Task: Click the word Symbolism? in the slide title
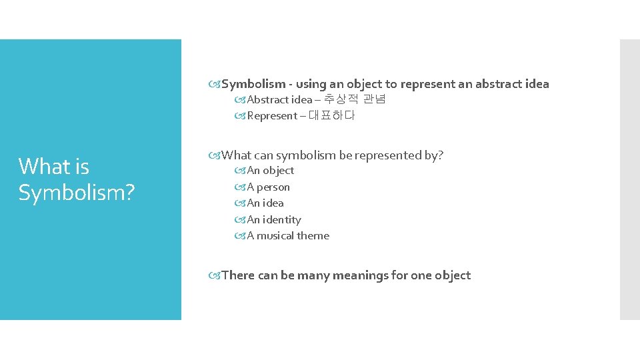pos(77,193)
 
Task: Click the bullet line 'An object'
pos(271,171)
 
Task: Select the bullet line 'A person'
pos(269,187)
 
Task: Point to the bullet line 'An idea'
pos(265,203)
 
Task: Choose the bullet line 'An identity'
pos(274,220)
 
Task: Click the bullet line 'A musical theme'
pos(288,236)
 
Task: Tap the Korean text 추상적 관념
pos(354,100)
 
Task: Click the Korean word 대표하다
pos(331,116)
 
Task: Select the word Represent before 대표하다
pos(272,116)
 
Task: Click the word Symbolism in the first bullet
pos(253,84)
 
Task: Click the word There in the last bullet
pos(238,275)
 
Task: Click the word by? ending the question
pos(434,155)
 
